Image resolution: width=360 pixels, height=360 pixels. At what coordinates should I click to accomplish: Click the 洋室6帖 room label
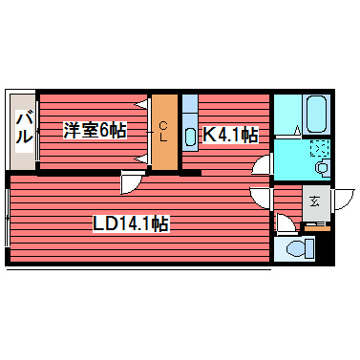pos(95,130)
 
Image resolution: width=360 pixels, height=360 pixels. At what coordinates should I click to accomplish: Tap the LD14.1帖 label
pos(131,224)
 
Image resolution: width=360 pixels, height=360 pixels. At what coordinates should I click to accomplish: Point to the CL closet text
pos(164,131)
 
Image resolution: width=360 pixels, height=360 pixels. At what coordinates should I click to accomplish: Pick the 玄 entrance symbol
pos(316,201)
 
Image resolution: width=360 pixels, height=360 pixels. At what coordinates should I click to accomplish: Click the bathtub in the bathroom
pos(315,116)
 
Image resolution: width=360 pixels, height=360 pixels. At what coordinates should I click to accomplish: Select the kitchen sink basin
pos(189,136)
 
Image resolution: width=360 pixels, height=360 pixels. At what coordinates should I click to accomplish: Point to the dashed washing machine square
pos(320,149)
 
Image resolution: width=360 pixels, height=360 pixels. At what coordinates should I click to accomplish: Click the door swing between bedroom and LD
pos(132,183)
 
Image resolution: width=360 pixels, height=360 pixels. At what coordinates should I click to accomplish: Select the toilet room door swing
pos(283,225)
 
